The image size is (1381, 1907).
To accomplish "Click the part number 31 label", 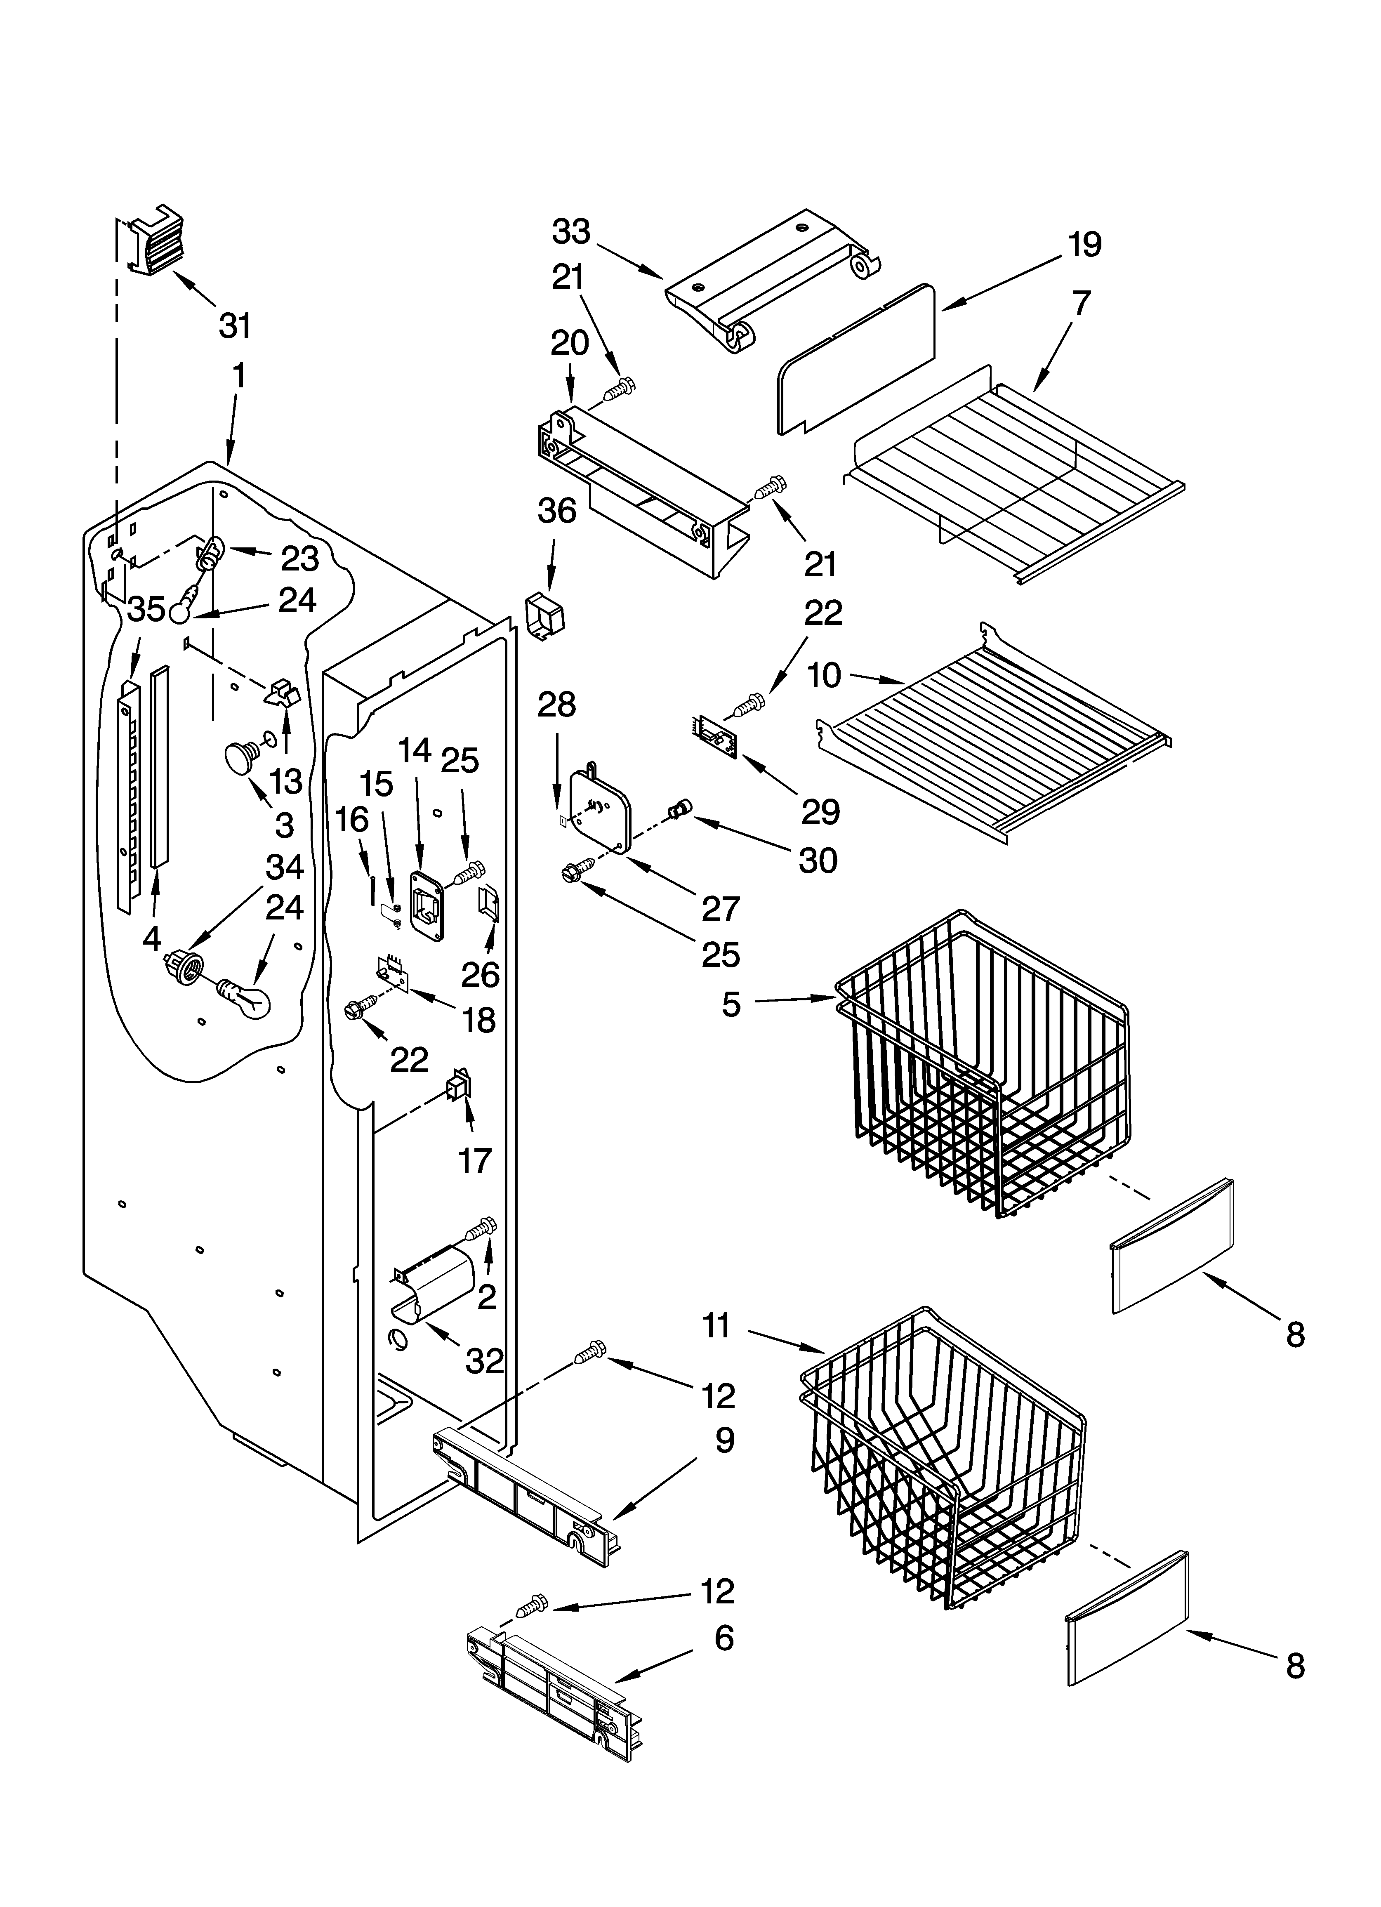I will pos(235,325).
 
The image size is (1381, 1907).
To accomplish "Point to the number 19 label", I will pos(1084,245).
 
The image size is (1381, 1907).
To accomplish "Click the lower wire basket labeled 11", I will pos(942,1454).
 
